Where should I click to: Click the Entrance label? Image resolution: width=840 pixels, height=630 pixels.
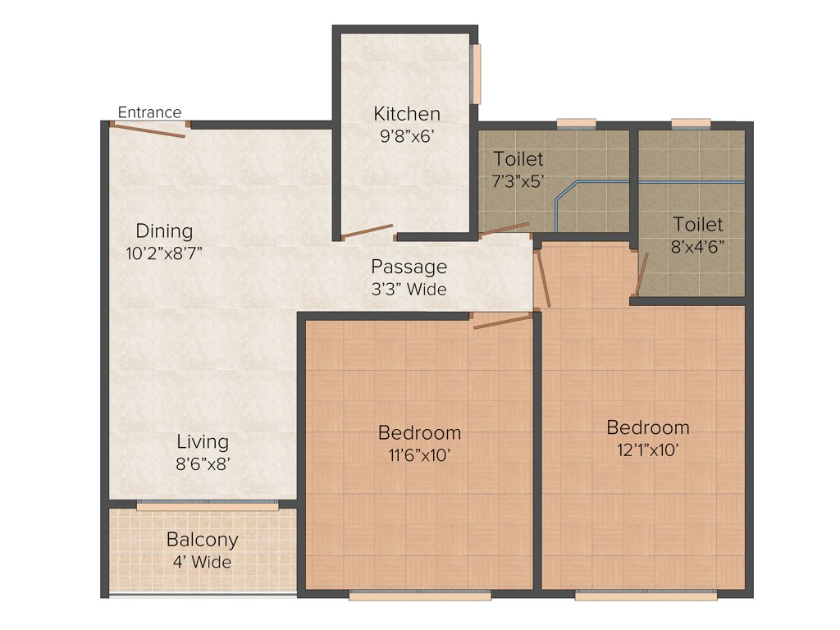click(x=149, y=112)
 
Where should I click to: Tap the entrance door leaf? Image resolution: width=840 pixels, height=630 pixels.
click(x=148, y=130)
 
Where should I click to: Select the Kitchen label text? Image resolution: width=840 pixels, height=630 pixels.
click(x=407, y=114)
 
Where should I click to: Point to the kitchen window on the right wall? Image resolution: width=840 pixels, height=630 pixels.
click(x=476, y=74)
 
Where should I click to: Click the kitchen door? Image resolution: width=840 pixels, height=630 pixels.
click(x=367, y=231)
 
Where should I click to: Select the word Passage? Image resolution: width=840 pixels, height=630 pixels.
click(x=409, y=267)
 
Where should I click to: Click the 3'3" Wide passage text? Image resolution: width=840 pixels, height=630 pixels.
click(x=409, y=289)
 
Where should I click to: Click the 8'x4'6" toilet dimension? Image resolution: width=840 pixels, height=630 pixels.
click(x=698, y=245)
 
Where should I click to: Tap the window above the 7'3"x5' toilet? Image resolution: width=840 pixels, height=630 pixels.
click(x=577, y=123)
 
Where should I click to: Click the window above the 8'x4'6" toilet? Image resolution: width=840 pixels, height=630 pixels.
click(x=691, y=123)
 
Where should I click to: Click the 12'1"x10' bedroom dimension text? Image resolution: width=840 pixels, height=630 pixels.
click(x=647, y=450)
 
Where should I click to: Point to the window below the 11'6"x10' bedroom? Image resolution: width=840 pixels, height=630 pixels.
click(x=420, y=596)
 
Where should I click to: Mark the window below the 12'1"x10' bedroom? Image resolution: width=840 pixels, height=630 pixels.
click(x=646, y=596)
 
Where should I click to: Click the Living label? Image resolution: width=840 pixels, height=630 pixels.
click(x=201, y=442)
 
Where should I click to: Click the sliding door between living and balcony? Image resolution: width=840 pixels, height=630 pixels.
click(x=207, y=505)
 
